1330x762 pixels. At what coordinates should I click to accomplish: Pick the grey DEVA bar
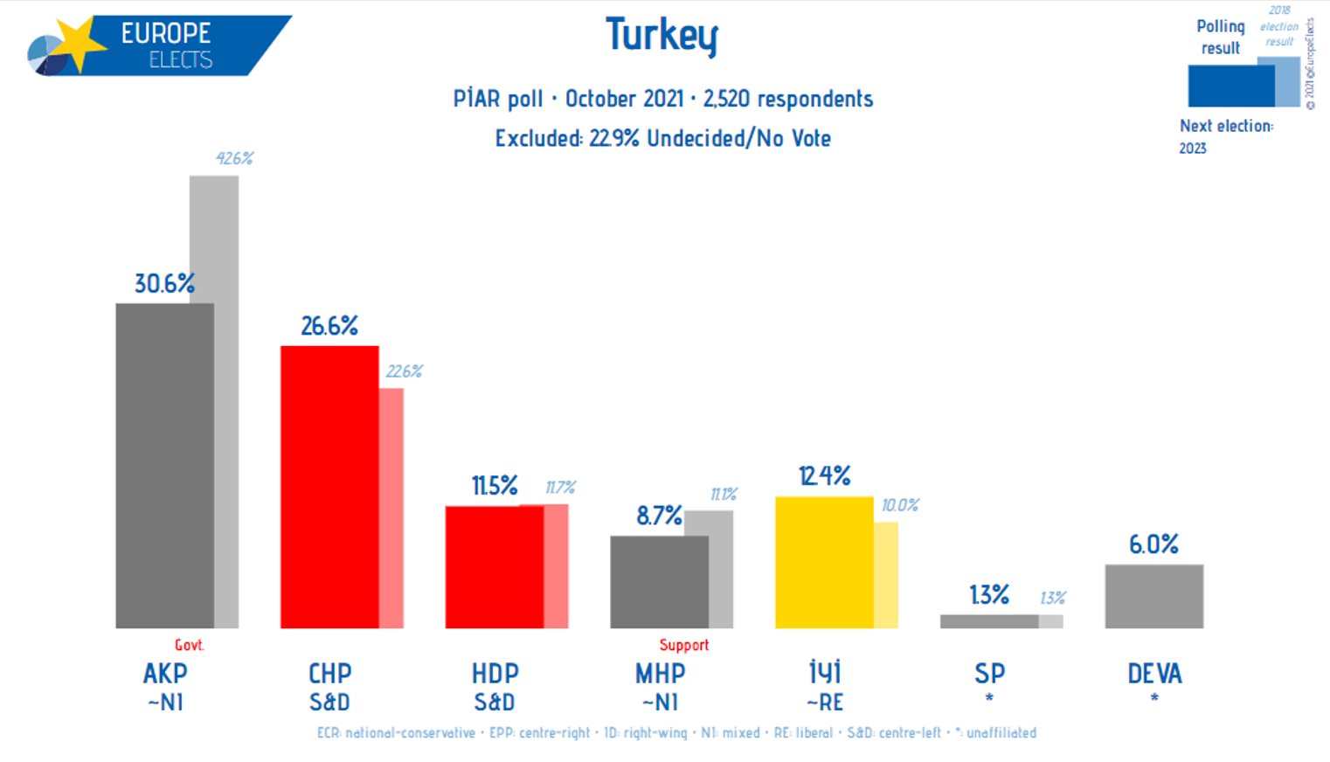click(x=1153, y=596)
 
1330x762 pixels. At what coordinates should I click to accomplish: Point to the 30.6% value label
click(x=164, y=283)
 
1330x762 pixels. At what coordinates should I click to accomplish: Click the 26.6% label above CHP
click(x=329, y=326)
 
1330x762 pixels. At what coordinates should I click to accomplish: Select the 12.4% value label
click(x=824, y=476)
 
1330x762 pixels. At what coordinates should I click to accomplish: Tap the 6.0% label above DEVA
click(x=1153, y=544)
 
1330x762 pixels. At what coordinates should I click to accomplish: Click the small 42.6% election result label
click(x=234, y=158)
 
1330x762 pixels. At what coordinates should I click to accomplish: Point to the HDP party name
click(x=495, y=674)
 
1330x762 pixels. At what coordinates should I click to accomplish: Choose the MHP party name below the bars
click(x=660, y=674)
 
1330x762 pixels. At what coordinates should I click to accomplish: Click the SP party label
click(x=989, y=674)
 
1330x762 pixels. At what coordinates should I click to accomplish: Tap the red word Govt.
click(x=189, y=645)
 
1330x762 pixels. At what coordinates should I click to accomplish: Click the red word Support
click(x=683, y=645)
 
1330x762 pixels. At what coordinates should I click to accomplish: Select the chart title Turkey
click(x=662, y=36)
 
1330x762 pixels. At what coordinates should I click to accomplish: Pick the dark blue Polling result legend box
click(x=1230, y=86)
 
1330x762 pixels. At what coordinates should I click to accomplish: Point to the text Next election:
click(x=1226, y=126)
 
